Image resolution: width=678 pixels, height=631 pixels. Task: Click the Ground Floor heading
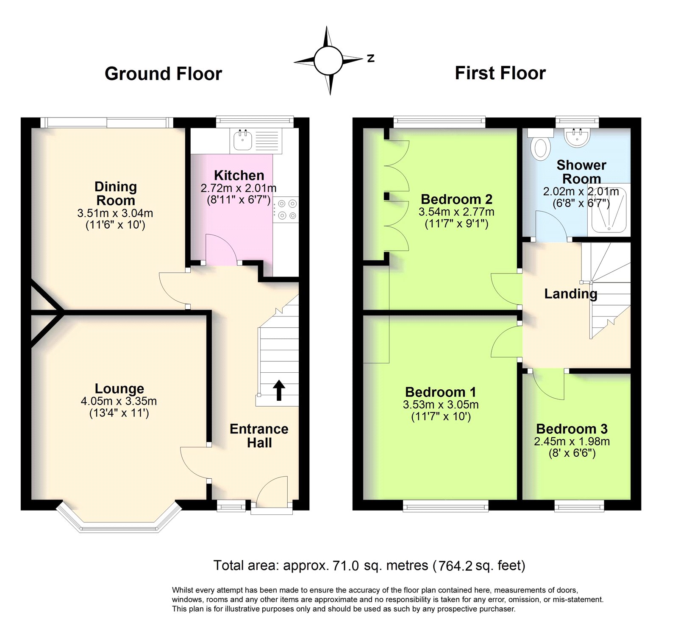click(x=163, y=74)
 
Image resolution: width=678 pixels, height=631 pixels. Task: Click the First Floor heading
click(x=500, y=73)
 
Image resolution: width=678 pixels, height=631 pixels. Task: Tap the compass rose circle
click(x=328, y=60)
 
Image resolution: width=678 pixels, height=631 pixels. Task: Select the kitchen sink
click(x=242, y=140)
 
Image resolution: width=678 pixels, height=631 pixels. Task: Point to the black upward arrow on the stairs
click(x=278, y=390)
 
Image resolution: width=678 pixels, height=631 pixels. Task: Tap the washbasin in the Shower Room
click(x=577, y=137)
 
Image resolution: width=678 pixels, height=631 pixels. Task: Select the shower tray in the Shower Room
click(x=609, y=210)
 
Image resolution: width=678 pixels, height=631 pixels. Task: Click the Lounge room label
click(x=119, y=388)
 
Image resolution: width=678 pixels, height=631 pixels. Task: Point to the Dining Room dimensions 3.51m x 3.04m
click(x=115, y=213)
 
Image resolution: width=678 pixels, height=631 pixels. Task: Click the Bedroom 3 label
click(x=572, y=429)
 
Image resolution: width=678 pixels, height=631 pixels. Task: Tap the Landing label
click(x=570, y=293)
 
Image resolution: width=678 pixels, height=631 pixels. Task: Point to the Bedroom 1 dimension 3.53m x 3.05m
click(x=441, y=405)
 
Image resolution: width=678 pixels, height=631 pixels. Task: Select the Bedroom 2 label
click(x=456, y=199)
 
